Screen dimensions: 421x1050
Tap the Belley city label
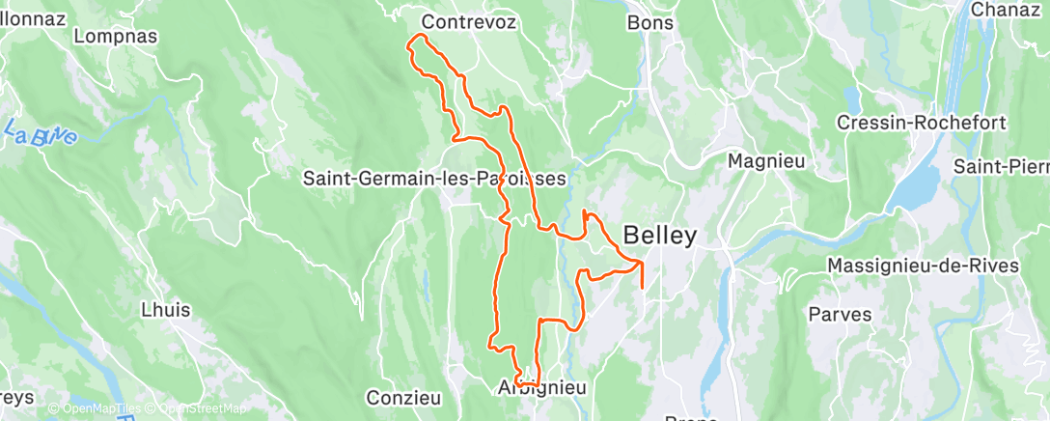pyautogui.click(x=659, y=235)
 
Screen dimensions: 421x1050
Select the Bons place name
pyautogui.click(x=650, y=21)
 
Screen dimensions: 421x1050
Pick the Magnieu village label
pyautogui.click(x=766, y=160)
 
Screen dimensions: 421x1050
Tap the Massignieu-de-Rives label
pyautogui.click(x=923, y=266)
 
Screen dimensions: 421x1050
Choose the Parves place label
pyautogui.click(x=840, y=314)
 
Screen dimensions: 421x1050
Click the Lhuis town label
pyautogui.click(x=165, y=311)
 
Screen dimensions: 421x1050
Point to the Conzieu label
pyautogui.click(x=403, y=397)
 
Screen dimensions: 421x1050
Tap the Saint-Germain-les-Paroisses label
pyautogui.click(x=434, y=179)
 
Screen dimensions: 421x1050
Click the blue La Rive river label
pyautogui.click(x=41, y=134)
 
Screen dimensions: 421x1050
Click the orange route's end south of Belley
pyautogui.click(x=642, y=287)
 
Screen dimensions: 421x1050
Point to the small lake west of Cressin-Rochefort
pyautogui.click(x=852, y=99)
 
